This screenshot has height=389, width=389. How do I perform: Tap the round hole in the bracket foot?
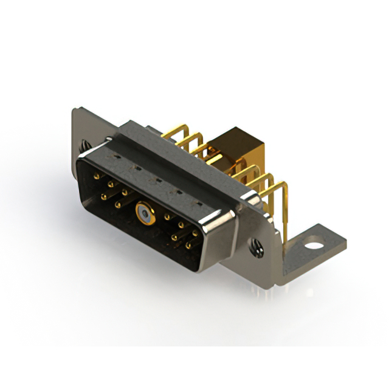click(314, 247)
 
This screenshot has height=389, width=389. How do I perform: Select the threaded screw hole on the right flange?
click(258, 248)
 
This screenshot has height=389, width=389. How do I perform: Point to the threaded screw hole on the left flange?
click(84, 146)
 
